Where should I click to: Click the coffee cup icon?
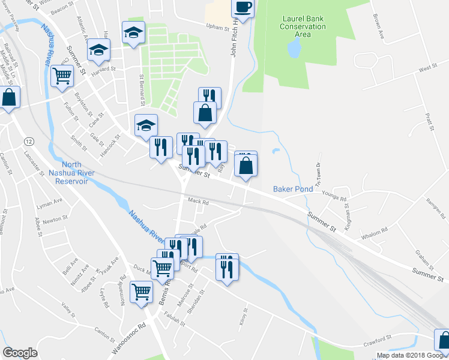(243, 7)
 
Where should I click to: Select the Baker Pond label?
(293, 188)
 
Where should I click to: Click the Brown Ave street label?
(378, 27)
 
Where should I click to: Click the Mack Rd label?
(197, 202)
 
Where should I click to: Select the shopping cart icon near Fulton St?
(62, 77)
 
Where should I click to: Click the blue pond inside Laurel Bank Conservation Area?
(294, 50)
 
